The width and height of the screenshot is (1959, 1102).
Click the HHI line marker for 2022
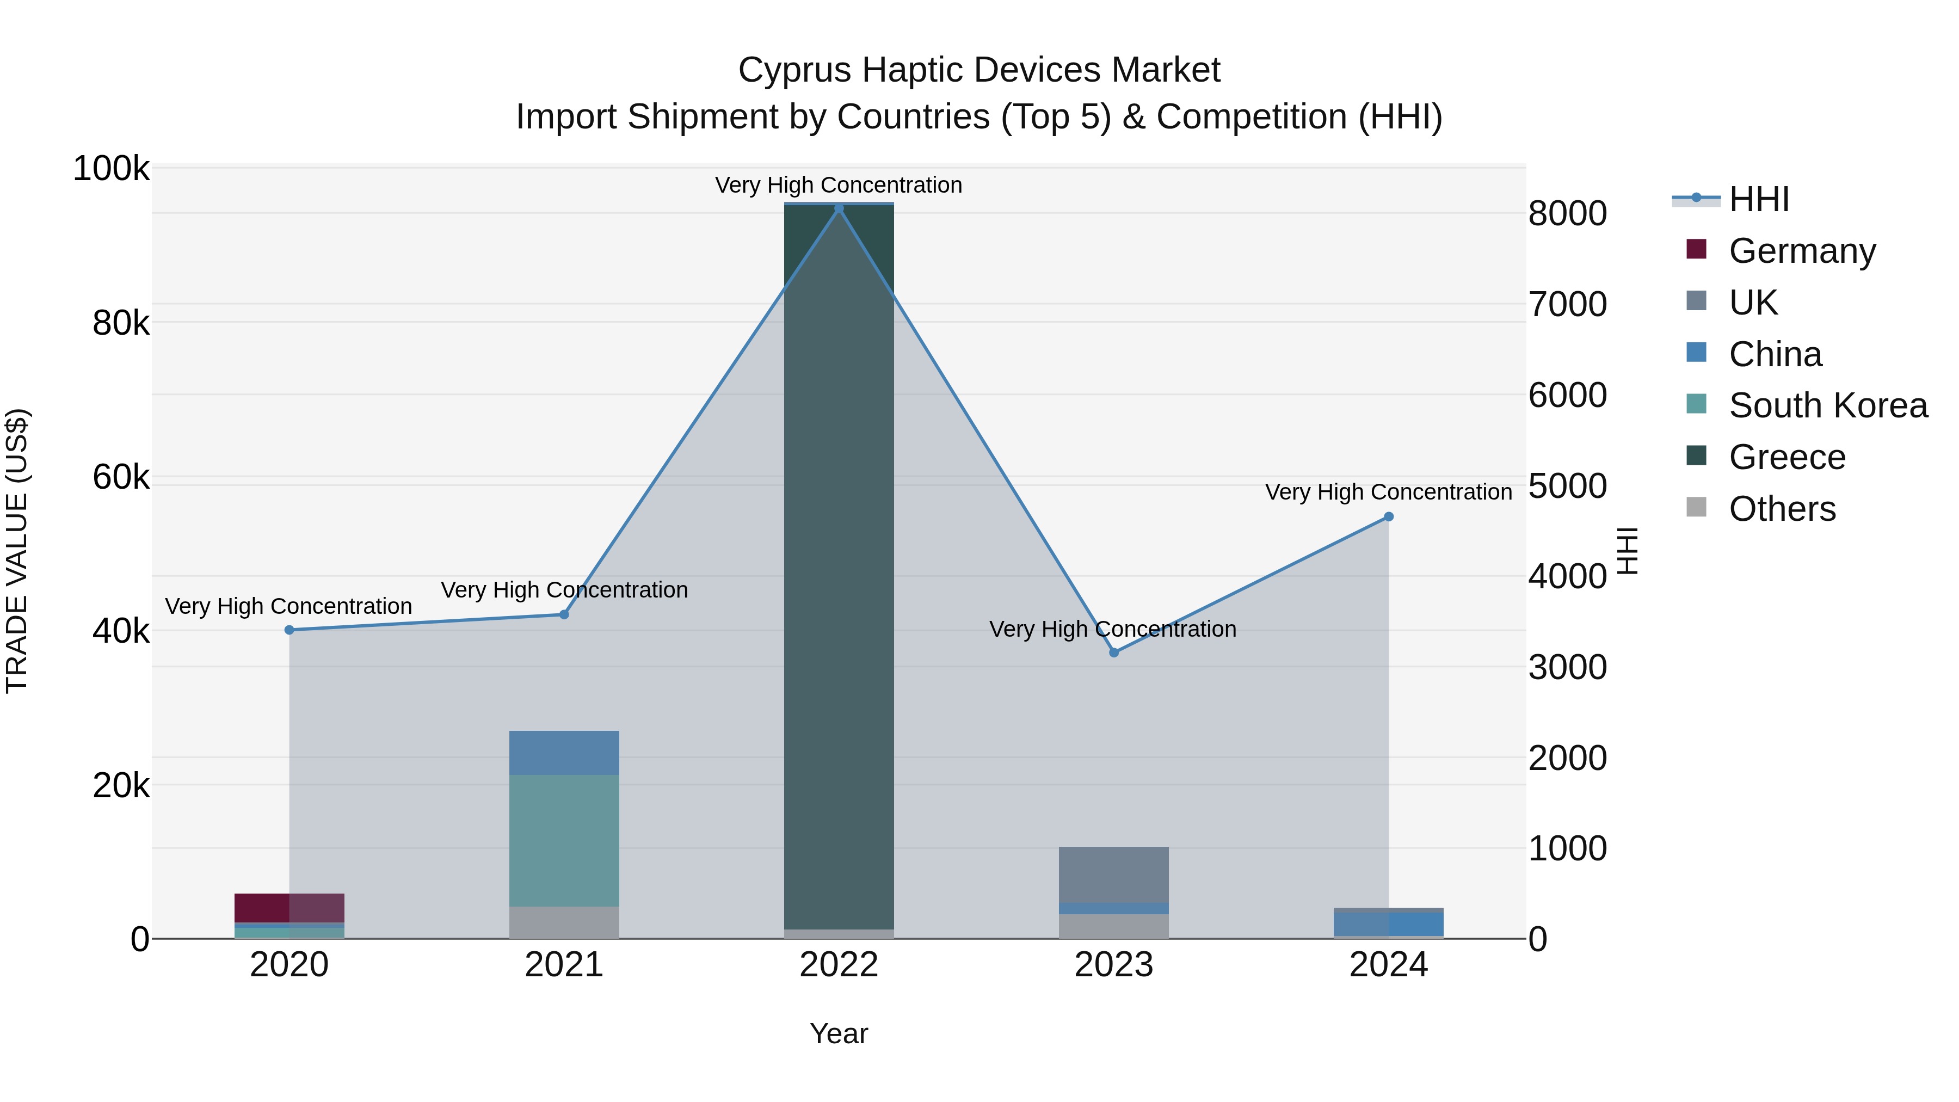point(839,208)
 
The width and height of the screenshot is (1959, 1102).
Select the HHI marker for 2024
point(1389,517)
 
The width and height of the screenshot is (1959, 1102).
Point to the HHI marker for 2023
point(1114,652)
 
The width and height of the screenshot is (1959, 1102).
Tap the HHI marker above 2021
point(564,614)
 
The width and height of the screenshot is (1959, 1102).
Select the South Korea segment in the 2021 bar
point(564,840)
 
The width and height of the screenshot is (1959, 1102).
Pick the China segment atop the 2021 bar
point(564,753)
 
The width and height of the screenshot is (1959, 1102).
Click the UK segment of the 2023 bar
point(1114,875)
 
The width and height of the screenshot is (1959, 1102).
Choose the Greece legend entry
point(1786,457)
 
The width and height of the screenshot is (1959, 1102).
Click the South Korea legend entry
point(1827,405)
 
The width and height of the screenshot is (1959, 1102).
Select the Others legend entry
point(1782,509)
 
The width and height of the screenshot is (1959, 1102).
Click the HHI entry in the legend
point(1758,199)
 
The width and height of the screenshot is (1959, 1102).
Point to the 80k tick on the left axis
point(121,323)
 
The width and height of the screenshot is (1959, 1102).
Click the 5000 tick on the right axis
point(1568,486)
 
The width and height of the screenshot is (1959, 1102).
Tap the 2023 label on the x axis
point(1114,965)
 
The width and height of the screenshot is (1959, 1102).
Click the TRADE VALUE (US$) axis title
point(17,551)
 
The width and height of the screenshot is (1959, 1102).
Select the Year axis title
point(839,1033)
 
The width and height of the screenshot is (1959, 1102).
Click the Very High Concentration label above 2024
point(1389,492)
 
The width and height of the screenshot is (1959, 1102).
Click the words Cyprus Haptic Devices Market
point(979,70)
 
